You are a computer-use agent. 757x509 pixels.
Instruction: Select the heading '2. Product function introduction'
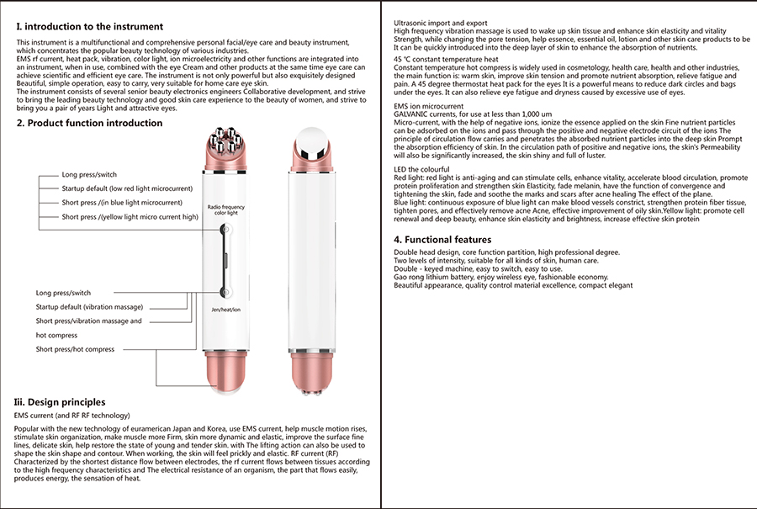pos(90,123)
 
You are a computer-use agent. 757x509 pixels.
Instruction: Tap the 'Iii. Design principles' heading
pos(61,402)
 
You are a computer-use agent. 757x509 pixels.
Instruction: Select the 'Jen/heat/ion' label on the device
pos(225,310)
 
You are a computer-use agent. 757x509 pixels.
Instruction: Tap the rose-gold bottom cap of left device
pos(225,370)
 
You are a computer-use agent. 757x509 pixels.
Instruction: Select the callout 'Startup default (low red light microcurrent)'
pos(127,188)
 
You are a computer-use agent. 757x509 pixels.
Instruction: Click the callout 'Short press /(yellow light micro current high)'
pos(130,217)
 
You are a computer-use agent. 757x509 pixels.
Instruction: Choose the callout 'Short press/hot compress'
pos(75,349)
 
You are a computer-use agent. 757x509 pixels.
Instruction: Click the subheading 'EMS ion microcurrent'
pos(430,107)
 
